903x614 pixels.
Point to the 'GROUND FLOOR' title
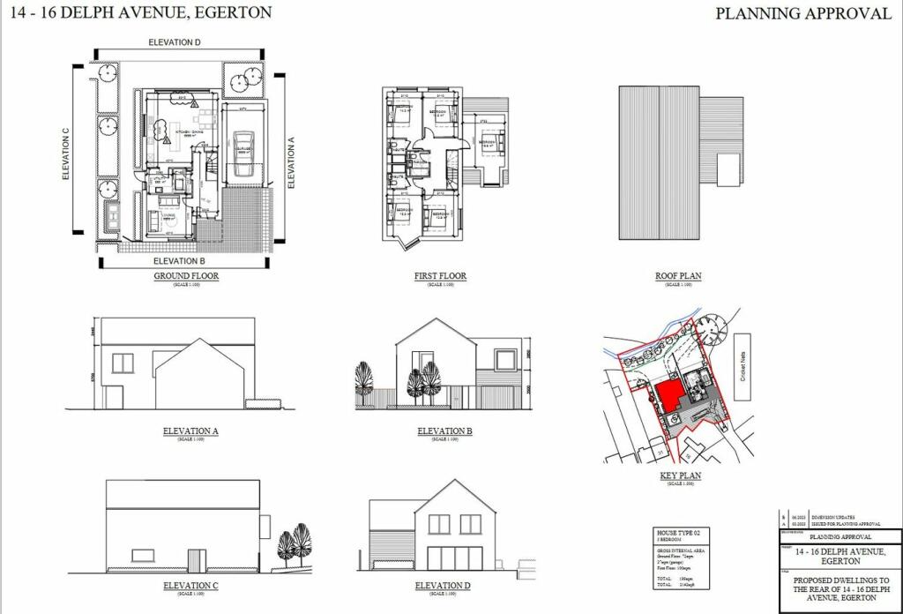[186, 276]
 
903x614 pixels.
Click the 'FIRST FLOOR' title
[440, 276]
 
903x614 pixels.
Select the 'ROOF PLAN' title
[678, 276]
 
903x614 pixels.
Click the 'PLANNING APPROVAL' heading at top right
[802, 13]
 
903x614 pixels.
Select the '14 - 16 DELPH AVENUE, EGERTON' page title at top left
[141, 12]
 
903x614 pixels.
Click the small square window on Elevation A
[123, 363]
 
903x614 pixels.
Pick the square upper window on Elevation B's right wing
[504, 359]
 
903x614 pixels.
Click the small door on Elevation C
[197, 560]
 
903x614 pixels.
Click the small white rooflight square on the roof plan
[728, 169]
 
